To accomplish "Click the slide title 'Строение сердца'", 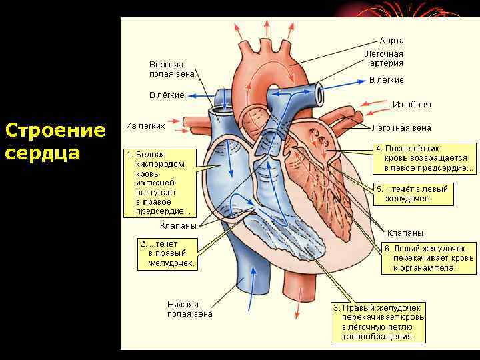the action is pos(55,141).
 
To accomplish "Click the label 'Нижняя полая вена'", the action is pos(190,309).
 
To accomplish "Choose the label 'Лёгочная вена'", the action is pos(401,127).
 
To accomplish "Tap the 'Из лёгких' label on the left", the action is pos(145,125).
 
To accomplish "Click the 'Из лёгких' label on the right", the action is pos(412,104).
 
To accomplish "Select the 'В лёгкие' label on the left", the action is pos(166,95).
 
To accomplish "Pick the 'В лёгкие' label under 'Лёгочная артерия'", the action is pos(387,80).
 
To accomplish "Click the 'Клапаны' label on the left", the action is pos(178,225).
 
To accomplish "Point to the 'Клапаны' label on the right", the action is pos(405,233).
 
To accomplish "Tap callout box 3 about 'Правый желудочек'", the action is pos(379,323).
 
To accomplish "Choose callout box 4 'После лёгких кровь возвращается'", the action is pos(425,158).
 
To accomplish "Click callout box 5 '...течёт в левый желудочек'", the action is pos(413,193).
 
